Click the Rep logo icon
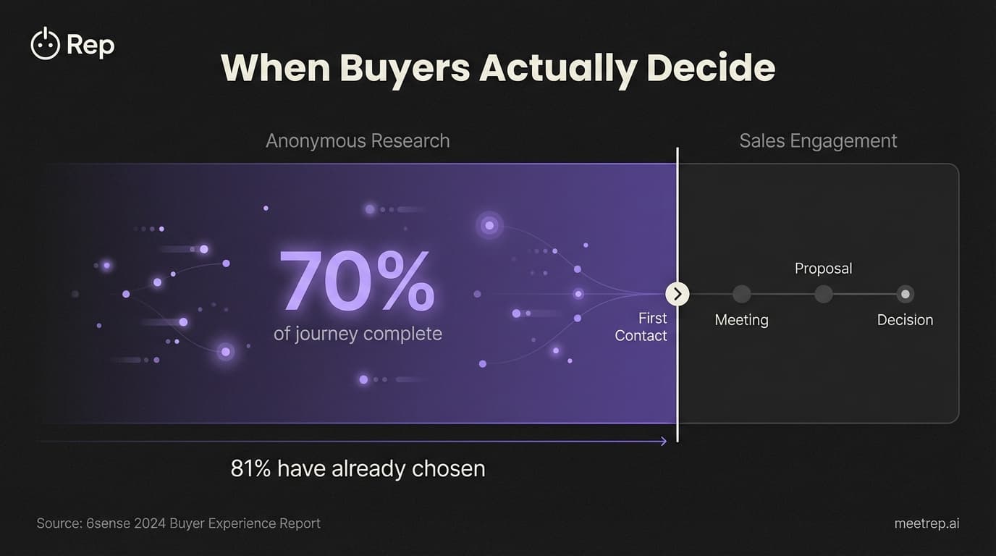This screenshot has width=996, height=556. point(45,45)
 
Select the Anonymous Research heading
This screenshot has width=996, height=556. point(358,140)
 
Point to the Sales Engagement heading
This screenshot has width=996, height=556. point(818,140)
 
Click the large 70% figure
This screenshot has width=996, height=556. point(357,283)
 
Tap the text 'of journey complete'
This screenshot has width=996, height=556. point(358,334)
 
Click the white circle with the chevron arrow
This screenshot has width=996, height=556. point(678,294)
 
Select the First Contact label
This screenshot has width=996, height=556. point(641,327)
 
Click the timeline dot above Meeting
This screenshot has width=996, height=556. point(741,294)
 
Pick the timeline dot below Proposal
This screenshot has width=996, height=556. point(823,294)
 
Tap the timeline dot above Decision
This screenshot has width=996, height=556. point(905,294)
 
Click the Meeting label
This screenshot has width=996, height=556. point(741,320)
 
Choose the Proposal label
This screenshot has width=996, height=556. point(823,269)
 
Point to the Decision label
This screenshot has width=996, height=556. point(905,320)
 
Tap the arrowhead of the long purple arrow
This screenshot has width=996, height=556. point(663,441)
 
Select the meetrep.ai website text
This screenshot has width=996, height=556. point(927,523)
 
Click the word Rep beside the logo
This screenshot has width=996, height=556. point(90,46)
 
